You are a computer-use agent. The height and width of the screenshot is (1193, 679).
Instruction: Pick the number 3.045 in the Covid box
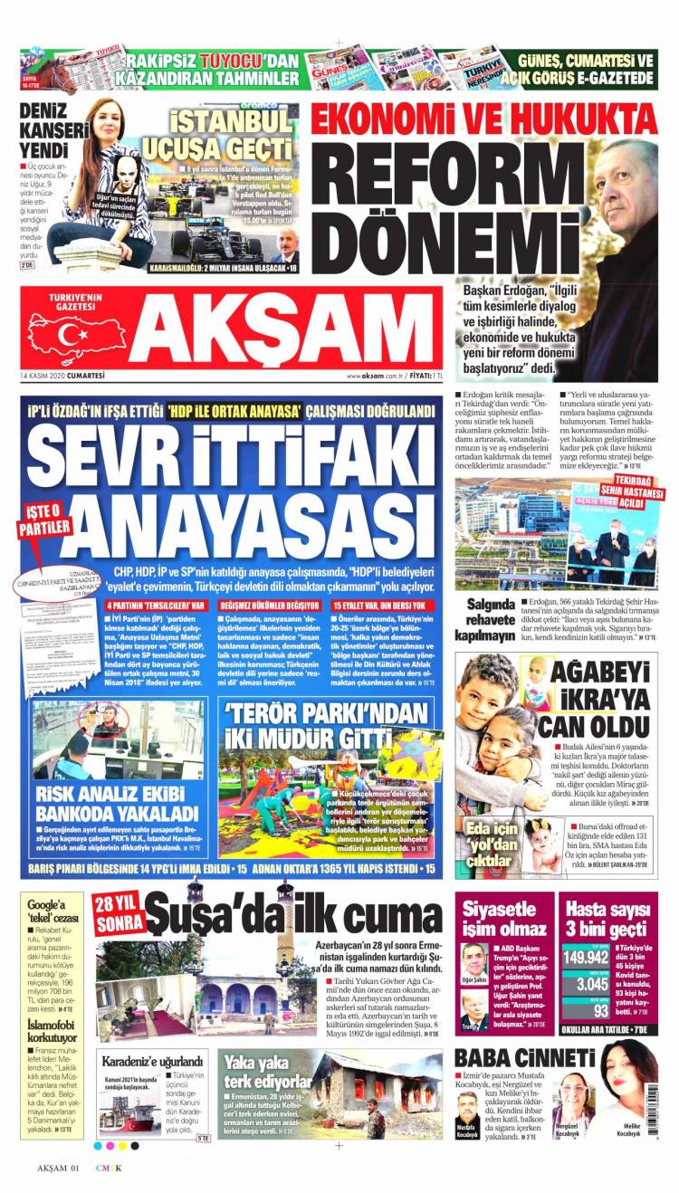click(x=586, y=984)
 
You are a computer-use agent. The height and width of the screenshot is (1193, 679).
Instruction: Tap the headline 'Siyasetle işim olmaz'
click(x=501, y=920)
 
